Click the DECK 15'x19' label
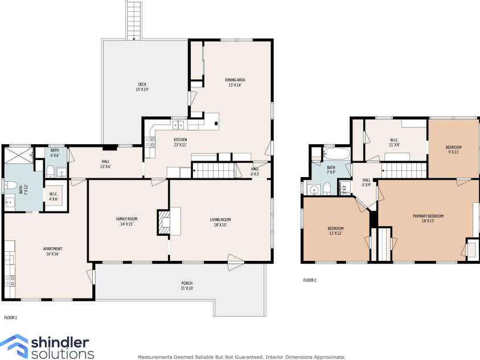click(x=142, y=87)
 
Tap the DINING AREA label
click(x=236, y=83)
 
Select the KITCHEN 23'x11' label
click(x=180, y=142)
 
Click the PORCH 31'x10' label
click(x=187, y=286)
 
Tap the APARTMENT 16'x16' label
click(x=53, y=251)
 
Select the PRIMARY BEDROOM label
click(x=428, y=218)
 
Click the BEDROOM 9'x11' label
click(x=453, y=150)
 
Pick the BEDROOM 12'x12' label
click(x=335, y=231)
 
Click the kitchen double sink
click(x=178, y=125)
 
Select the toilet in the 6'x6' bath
click(x=51, y=171)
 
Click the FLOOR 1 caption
click(x=11, y=317)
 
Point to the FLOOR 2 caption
click(x=309, y=280)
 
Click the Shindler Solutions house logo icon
click(x=13, y=346)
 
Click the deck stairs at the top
click(x=134, y=20)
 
